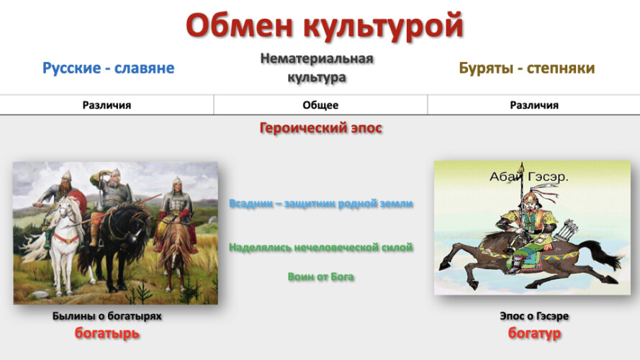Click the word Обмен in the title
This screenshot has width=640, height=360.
click(240, 26)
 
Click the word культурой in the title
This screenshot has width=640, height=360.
click(383, 27)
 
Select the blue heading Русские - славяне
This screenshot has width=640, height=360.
click(108, 68)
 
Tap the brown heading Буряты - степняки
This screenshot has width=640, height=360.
click(526, 68)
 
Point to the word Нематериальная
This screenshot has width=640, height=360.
click(317, 59)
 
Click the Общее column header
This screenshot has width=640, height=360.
click(320, 105)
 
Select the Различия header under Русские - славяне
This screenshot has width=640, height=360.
click(107, 105)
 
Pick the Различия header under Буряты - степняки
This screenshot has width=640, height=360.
click(534, 105)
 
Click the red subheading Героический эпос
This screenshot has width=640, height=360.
click(321, 128)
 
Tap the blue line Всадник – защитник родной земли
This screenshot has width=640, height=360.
click(321, 203)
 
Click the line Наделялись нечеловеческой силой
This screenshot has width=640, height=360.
click(321, 248)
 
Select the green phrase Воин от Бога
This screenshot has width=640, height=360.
click(321, 276)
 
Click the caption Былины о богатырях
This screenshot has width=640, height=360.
click(107, 316)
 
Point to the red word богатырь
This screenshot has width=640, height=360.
click(107, 333)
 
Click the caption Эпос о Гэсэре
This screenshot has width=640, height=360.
click(534, 316)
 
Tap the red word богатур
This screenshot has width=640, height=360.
click(534, 333)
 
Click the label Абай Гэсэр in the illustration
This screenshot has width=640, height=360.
click(528, 176)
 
